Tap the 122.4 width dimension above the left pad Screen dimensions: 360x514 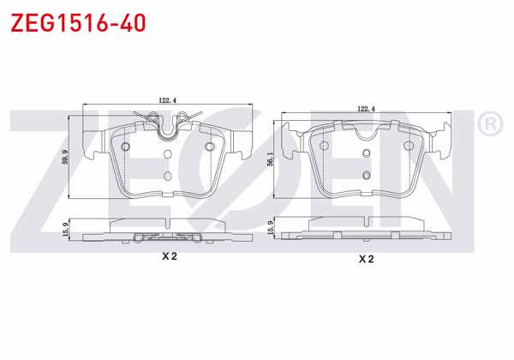[169, 99]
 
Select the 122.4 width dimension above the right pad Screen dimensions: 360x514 [367, 109]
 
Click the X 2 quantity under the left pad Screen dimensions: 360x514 [169, 256]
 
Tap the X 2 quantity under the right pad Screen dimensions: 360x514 [367, 258]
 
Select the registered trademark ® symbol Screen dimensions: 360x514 [488, 125]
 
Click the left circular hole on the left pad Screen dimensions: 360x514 [126, 148]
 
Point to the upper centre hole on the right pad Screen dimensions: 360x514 [366, 153]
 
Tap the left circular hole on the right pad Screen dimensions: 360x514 [325, 145]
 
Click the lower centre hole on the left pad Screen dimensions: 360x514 [168, 171]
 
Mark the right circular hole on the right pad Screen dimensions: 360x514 [408, 145]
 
